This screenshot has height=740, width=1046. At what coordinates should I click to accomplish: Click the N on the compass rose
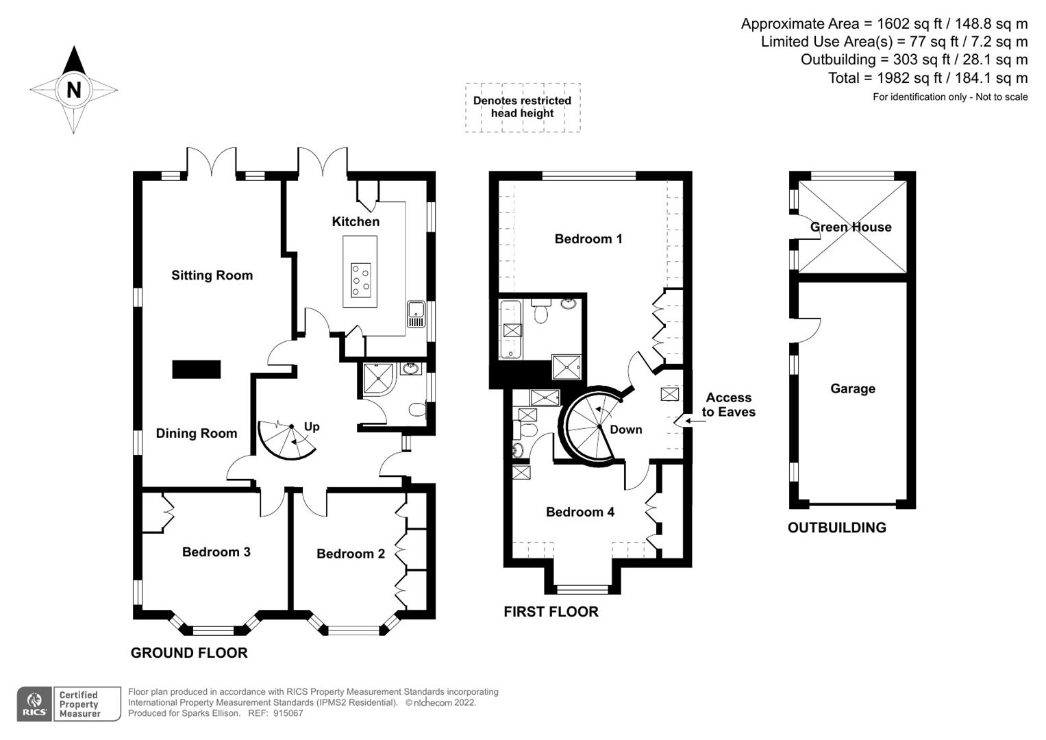[73, 90]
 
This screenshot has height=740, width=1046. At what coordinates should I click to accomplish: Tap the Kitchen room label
[356, 221]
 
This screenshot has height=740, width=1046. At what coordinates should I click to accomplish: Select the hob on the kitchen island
[360, 280]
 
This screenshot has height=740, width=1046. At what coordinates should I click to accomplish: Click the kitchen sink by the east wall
[416, 314]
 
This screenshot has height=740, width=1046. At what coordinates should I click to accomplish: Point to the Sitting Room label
[212, 275]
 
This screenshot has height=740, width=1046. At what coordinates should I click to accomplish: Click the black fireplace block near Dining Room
[196, 369]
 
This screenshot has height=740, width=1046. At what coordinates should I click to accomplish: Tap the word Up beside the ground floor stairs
[312, 426]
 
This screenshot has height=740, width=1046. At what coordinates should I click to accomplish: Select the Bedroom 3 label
[216, 552]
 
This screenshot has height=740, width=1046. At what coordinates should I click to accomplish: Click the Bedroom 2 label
[350, 554]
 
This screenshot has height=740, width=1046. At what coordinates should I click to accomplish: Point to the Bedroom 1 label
[588, 238]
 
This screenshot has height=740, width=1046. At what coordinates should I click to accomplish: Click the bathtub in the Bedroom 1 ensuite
[511, 330]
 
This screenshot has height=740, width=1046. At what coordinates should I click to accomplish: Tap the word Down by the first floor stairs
[625, 430]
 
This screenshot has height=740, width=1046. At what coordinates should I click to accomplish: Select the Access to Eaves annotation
[728, 405]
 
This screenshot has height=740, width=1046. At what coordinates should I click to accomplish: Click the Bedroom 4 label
[580, 512]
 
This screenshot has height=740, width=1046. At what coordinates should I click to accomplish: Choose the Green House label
[851, 227]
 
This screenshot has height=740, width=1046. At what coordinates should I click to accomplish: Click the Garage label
[852, 388]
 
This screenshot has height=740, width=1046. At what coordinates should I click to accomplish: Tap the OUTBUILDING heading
[836, 528]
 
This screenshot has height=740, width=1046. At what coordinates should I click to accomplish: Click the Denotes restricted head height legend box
[522, 107]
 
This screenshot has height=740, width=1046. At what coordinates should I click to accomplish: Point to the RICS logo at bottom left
[34, 704]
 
